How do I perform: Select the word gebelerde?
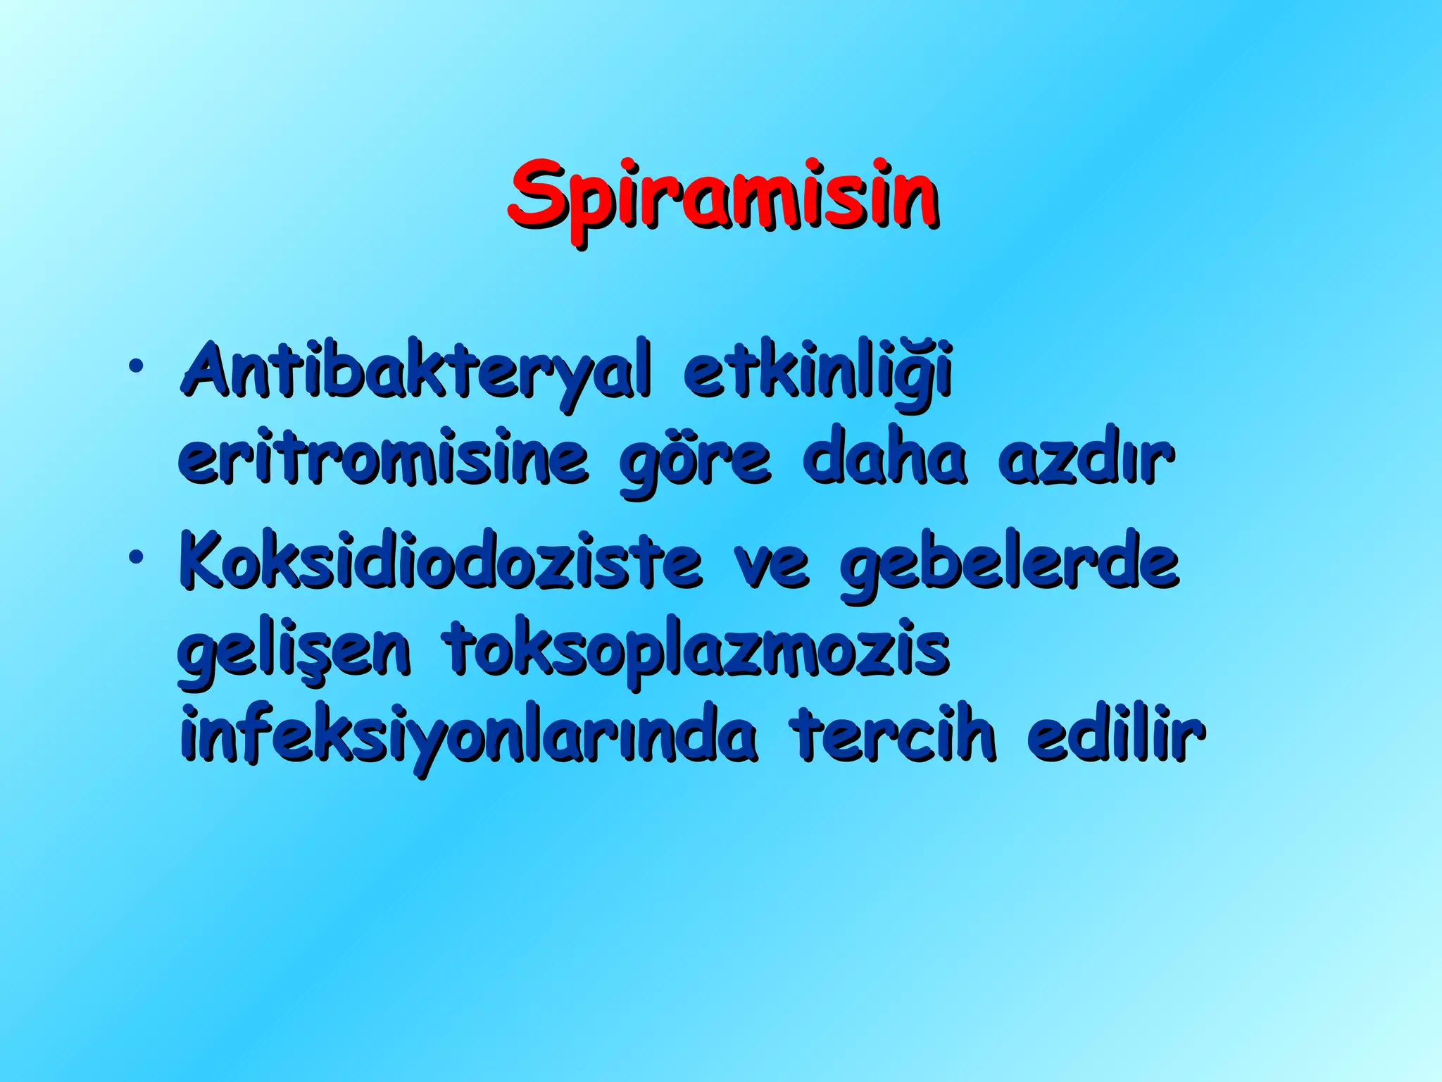click(1010, 564)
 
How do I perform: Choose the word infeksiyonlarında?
click(469, 737)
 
